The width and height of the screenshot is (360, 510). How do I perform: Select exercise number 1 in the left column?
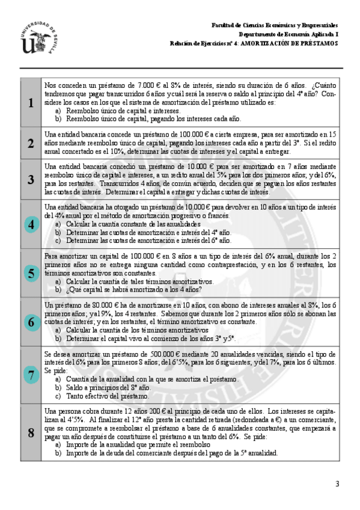tap(31, 103)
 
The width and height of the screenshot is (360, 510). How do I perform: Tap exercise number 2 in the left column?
tap(31, 143)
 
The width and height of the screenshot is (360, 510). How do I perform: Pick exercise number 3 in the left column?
tap(31, 179)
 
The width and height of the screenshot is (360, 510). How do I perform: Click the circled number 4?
tap(31, 224)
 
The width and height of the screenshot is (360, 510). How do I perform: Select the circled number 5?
tap(31, 273)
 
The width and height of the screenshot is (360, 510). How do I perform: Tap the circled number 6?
tap(31, 322)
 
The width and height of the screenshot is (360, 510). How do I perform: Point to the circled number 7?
tap(31, 375)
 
